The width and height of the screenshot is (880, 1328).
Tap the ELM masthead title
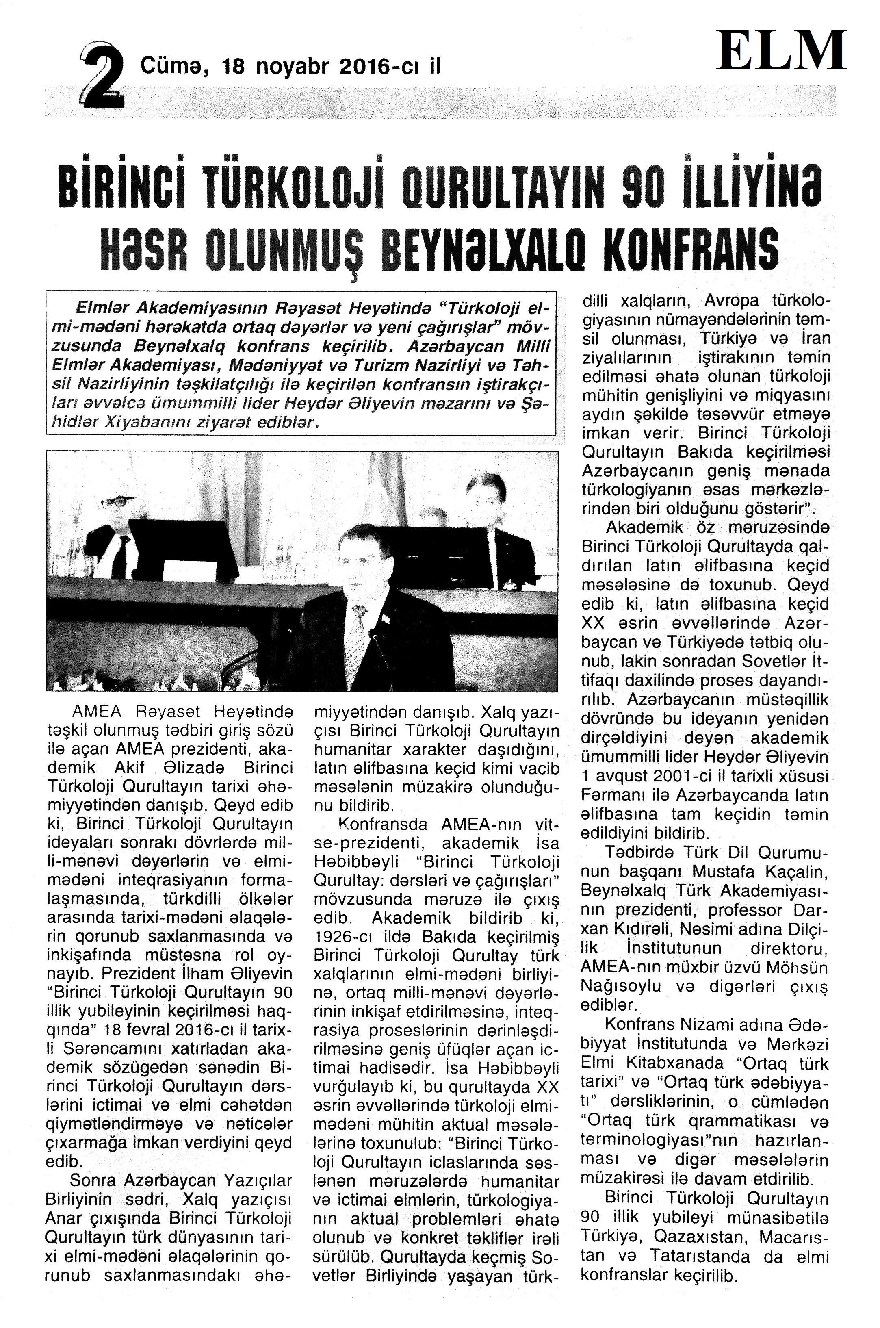(782, 51)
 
